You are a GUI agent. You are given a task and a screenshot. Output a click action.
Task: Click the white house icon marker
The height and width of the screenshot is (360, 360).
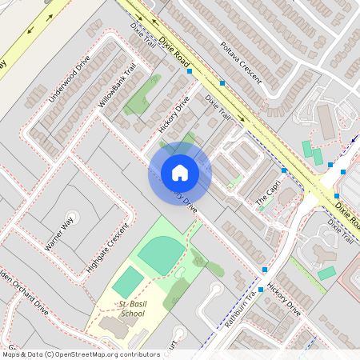[180, 173]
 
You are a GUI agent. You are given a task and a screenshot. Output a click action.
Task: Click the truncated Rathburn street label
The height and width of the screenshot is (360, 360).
[238, 308]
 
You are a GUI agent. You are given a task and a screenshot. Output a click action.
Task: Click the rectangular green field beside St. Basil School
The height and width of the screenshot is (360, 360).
[127, 282]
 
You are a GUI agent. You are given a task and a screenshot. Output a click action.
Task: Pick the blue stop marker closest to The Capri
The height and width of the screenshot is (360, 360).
[284, 170]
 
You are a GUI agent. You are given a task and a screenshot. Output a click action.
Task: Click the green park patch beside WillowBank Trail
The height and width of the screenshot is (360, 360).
[141, 95]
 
